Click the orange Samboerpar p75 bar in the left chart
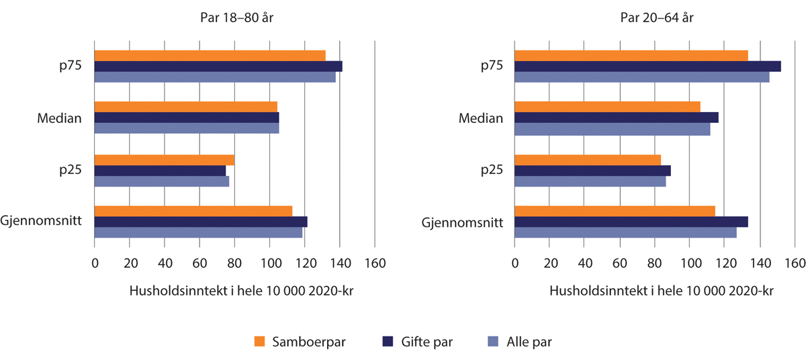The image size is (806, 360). point(210,56)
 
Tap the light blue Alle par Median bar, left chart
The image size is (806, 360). point(187,128)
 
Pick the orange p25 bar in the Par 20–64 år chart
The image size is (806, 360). point(588,160)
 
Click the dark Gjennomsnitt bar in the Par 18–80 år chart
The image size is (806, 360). point(201,222)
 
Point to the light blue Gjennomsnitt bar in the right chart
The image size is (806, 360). point(625,232)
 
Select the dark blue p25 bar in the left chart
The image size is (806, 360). point(160,171)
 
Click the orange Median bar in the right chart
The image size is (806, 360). point(607,107)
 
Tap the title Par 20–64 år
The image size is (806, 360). point(657,18)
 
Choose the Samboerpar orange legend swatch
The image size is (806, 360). point(261,342)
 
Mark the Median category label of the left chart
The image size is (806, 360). point(60,118)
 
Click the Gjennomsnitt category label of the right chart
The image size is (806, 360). point(463,222)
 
